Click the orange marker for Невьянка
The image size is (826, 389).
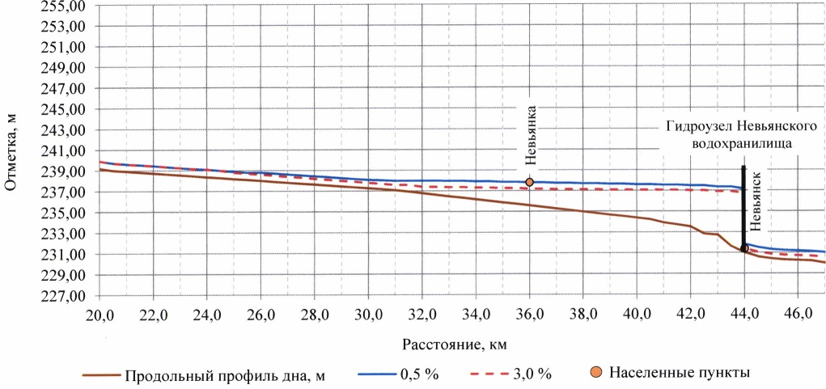(529, 183)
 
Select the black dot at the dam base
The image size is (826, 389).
(744, 248)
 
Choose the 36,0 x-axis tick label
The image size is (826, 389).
(529, 314)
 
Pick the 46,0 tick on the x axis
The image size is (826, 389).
(798, 314)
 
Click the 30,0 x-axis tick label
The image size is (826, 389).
(368, 314)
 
